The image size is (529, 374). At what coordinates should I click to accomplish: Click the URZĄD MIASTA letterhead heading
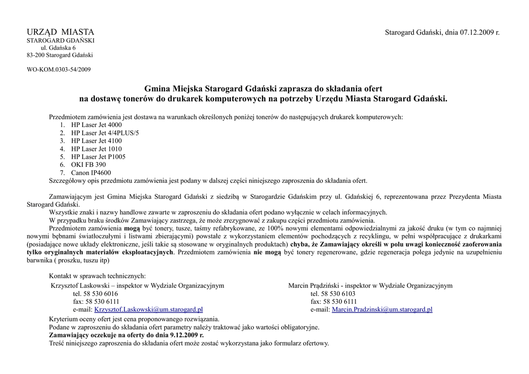click(x=60, y=33)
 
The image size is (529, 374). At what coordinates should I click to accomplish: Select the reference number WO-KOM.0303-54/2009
click(x=58, y=70)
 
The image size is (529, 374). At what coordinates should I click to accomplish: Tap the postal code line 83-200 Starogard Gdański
click(x=60, y=55)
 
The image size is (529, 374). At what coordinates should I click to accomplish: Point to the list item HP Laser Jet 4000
click(x=97, y=125)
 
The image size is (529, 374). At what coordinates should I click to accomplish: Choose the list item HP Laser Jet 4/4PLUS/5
click(x=105, y=133)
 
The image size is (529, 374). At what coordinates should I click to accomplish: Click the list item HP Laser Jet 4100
click(x=97, y=141)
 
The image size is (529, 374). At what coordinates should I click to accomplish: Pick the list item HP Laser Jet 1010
click(x=97, y=149)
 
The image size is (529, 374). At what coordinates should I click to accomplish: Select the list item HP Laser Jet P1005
click(x=98, y=157)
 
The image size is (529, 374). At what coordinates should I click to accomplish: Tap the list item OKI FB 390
click(x=88, y=165)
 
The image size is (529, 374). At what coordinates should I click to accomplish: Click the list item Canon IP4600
click(x=91, y=173)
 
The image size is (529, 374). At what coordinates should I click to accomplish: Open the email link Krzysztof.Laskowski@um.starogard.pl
click(x=148, y=309)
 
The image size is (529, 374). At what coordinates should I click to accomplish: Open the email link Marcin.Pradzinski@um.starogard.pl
click(x=382, y=309)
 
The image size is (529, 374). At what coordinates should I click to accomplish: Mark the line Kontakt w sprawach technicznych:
click(x=97, y=275)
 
